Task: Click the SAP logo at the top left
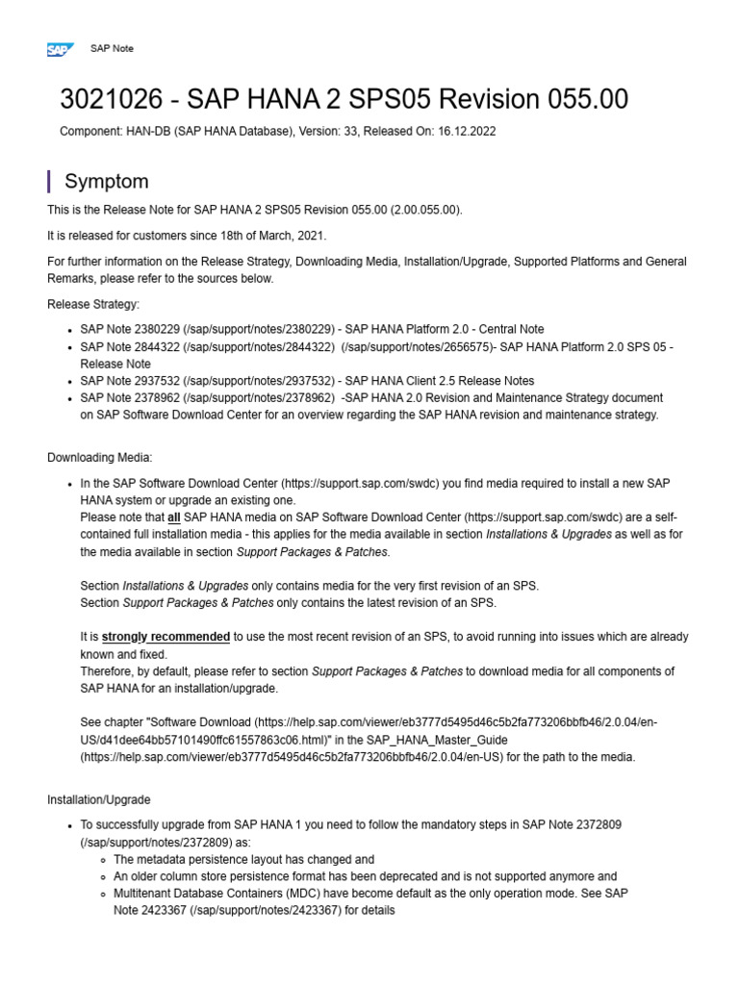pyautogui.click(x=60, y=49)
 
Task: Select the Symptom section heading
pyautogui.click(x=106, y=181)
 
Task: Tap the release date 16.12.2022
pyautogui.click(x=465, y=131)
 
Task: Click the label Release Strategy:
pyautogui.click(x=93, y=304)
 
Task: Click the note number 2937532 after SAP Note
pyautogui.click(x=159, y=381)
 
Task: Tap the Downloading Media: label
pyautogui.click(x=100, y=457)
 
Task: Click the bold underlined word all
pyautogui.click(x=174, y=518)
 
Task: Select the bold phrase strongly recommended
pyautogui.click(x=166, y=637)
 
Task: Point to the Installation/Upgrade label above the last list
pyautogui.click(x=98, y=799)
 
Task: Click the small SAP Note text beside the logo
pyautogui.click(x=112, y=48)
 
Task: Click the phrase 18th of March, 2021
pyautogui.click(x=271, y=236)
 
